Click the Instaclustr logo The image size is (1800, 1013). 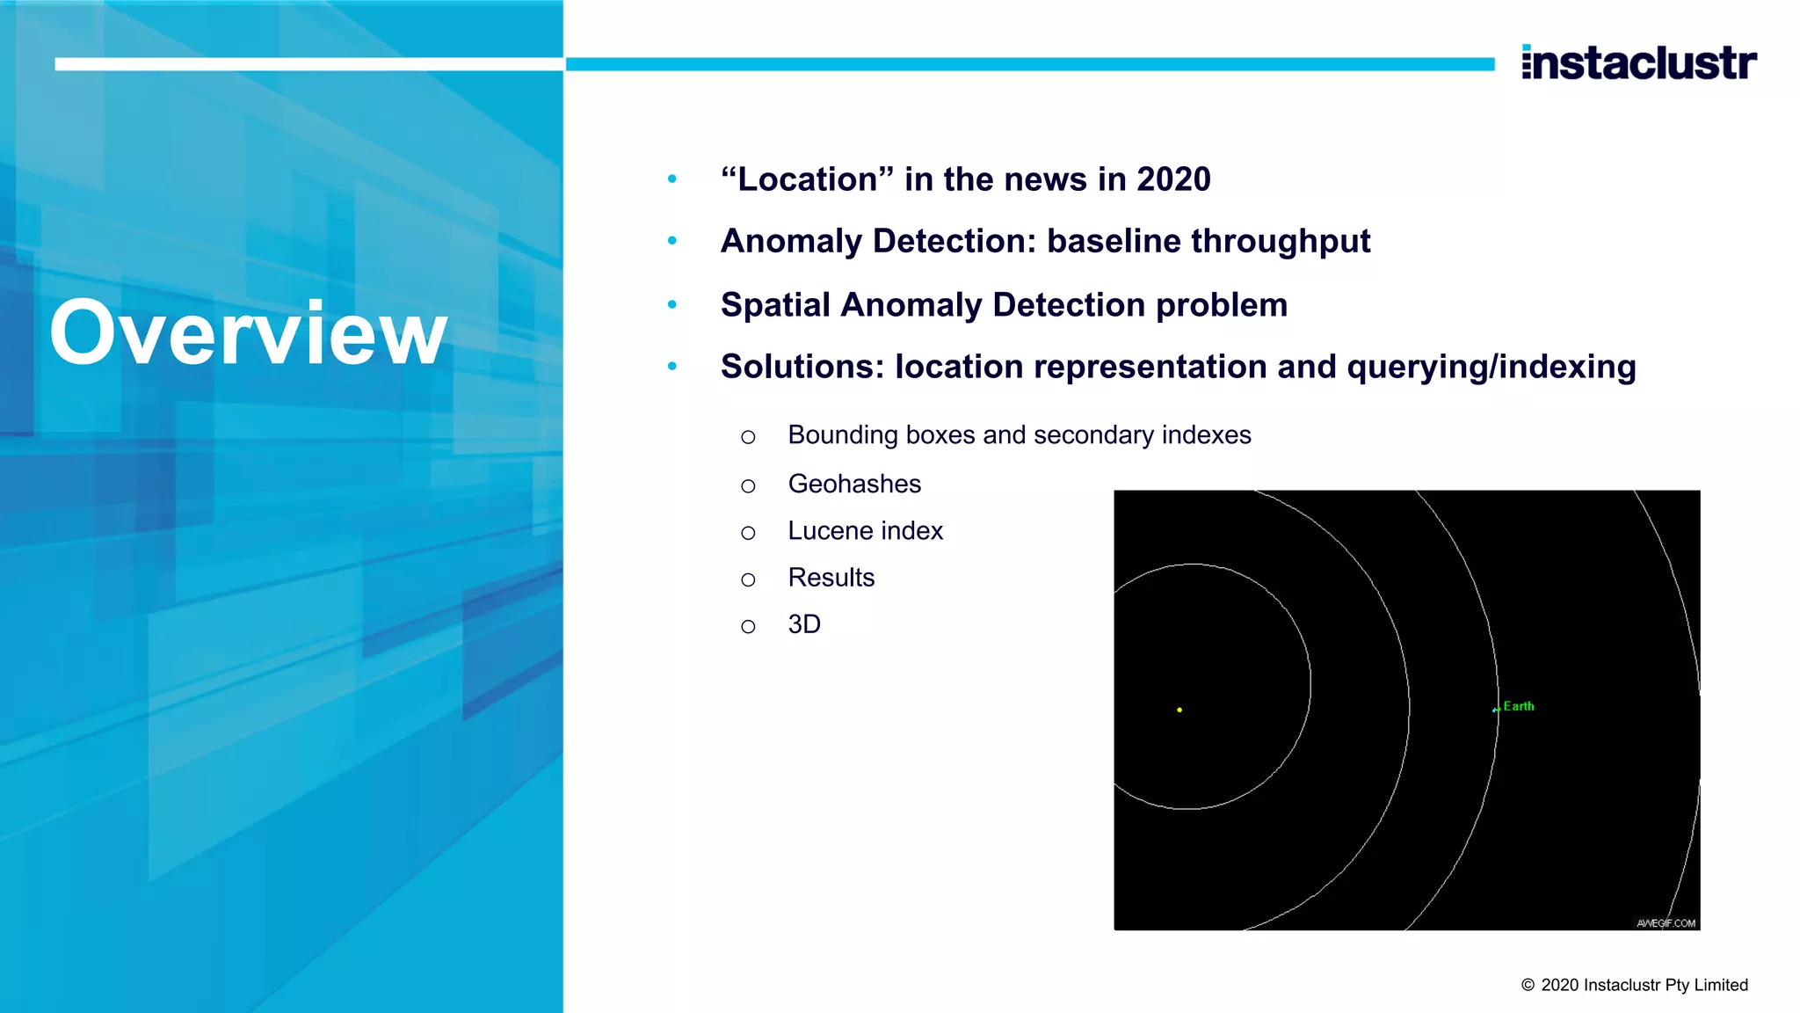pyautogui.click(x=1638, y=62)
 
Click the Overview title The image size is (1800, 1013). pyautogui.click(x=249, y=332)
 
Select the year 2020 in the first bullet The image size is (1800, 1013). pyautogui.click(x=1173, y=179)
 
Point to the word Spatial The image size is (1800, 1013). pyautogui.click(x=775, y=305)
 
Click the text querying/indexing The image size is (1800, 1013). pyautogui.click(x=1491, y=367)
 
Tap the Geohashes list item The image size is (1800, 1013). pyautogui.click(x=854, y=484)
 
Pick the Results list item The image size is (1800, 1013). pyautogui.click(x=831, y=578)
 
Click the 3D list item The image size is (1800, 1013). pyautogui.click(x=804, y=624)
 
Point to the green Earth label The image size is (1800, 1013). pyautogui.click(x=1518, y=706)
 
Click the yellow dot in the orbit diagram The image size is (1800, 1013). pyautogui.click(x=1179, y=710)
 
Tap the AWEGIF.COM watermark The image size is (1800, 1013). pyautogui.click(x=1666, y=923)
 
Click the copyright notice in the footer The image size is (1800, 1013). pyautogui.click(x=1634, y=985)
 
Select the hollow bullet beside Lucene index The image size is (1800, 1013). pyautogui.click(x=748, y=533)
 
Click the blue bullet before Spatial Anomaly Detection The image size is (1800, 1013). pyautogui.click(x=672, y=305)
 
